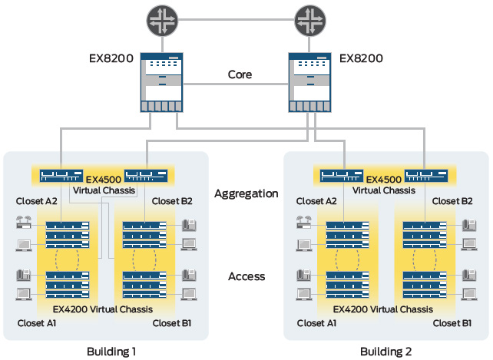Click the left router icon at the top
click(x=162, y=21)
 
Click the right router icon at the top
click(x=310, y=21)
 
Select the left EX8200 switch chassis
click(x=161, y=82)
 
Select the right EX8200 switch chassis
click(x=309, y=82)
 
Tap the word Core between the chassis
click(x=240, y=74)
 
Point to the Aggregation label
click(x=246, y=193)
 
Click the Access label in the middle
click(x=246, y=276)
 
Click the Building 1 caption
click(x=111, y=352)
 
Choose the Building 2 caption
click(x=385, y=352)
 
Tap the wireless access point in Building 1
click(x=24, y=222)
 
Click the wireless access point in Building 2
click(x=304, y=222)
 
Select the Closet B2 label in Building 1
click(x=172, y=201)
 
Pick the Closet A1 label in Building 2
click(x=316, y=323)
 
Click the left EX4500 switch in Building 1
click(x=61, y=176)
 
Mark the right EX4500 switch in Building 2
click(x=426, y=176)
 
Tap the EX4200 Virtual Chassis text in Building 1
click(x=102, y=309)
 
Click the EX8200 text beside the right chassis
click(x=361, y=58)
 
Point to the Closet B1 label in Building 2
click(x=452, y=323)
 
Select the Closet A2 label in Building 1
click(x=36, y=201)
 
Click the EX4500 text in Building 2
click(x=384, y=180)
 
